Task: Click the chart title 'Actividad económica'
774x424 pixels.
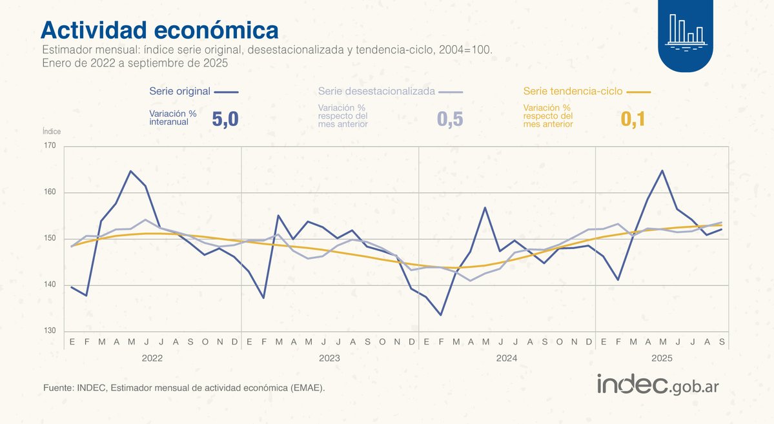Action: tap(159, 30)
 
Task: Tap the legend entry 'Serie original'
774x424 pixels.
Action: tap(179, 92)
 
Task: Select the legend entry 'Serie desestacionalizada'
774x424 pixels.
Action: tap(376, 92)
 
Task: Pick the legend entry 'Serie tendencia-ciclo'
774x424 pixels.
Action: tap(573, 92)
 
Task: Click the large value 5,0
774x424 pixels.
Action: tap(225, 119)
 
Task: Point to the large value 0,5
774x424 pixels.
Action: tap(450, 119)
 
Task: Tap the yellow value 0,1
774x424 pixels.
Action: tap(633, 119)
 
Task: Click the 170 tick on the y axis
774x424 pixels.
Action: tap(50, 146)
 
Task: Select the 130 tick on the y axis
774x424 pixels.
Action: tap(50, 331)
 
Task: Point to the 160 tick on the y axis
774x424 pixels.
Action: tap(50, 192)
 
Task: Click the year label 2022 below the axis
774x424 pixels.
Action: tap(152, 357)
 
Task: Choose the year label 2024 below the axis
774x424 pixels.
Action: tap(507, 357)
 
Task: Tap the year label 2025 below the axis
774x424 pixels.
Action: tap(662, 357)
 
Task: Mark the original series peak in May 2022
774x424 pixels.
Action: tap(131, 171)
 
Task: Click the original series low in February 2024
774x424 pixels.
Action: tap(441, 315)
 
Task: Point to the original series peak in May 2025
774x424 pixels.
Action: tap(662, 170)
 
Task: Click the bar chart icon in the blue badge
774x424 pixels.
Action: tap(686, 30)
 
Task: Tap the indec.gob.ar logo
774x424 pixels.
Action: tap(658, 385)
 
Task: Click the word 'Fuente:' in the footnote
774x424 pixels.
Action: tap(58, 388)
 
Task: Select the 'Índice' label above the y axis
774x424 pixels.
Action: tap(52, 131)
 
